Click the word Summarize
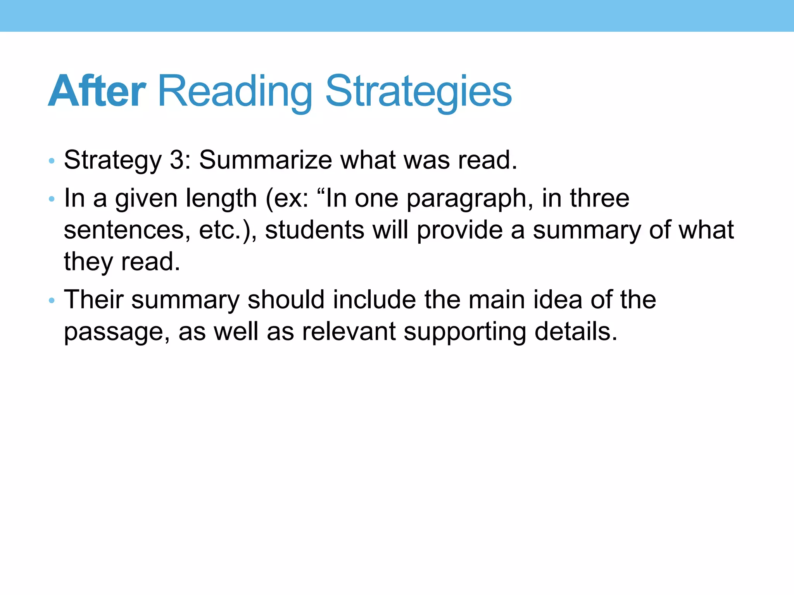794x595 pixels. coord(266,160)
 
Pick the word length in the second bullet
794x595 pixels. coord(221,198)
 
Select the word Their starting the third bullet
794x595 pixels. coord(93,300)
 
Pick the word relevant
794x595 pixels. coord(349,332)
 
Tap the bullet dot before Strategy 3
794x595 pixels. coord(52,160)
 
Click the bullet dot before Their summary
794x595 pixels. coord(52,301)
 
